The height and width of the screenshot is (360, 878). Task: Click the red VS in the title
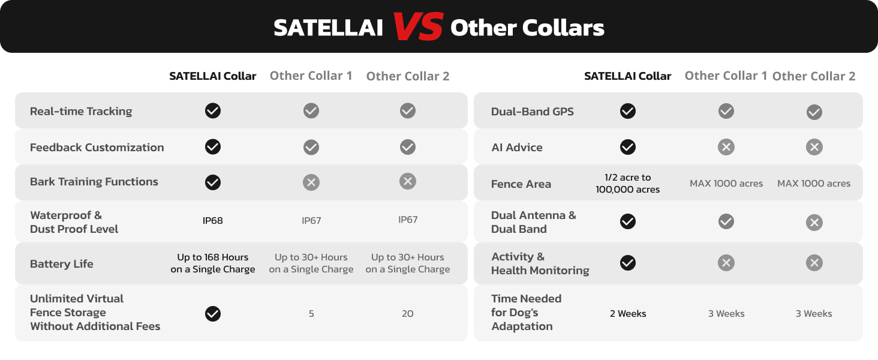pyautogui.click(x=418, y=26)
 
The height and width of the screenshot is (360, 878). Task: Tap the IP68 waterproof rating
pyautogui.click(x=212, y=220)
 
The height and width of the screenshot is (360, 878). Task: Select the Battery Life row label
pyautogui.click(x=62, y=263)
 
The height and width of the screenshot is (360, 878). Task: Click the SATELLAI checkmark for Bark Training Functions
pyautogui.click(x=213, y=182)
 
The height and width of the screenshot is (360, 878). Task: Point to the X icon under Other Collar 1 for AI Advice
pyautogui.click(x=726, y=147)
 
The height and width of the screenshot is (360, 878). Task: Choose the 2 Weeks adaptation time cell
pyautogui.click(x=627, y=313)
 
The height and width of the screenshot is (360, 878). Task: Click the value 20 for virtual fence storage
pyautogui.click(x=407, y=313)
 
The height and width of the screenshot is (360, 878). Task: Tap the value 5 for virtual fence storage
pyautogui.click(x=311, y=313)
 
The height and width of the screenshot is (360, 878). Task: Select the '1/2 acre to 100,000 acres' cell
pyautogui.click(x=627, y=183)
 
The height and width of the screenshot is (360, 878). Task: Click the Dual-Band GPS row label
pyautogui.click(x=532, y=112)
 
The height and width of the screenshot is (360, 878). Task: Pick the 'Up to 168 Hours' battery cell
pyautogui.click(x=212, y=263)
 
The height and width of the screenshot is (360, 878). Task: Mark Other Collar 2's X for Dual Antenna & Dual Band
pyautogui.click(x=814, y=223)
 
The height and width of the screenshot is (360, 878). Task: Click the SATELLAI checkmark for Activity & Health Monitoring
pyautogui.click(x=627, y=263)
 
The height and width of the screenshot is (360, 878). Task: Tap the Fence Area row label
pyautogui.click(x=521, y=184)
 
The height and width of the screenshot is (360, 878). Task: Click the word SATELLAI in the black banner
pyautogui.click(x=328, y=28)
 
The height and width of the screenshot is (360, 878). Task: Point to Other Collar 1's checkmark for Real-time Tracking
pyautogui.click(x=311, y=110)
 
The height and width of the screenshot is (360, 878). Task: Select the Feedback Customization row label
pyautogui.click(x=97, y=148)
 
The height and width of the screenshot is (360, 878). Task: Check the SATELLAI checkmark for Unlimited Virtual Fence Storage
pyautogui.click(x=213, y=314)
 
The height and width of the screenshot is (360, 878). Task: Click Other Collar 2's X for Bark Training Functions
pyautogui.click(x=408, y=181)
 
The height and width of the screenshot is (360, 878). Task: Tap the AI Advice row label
pyautogui.click(x=516, y=148)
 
